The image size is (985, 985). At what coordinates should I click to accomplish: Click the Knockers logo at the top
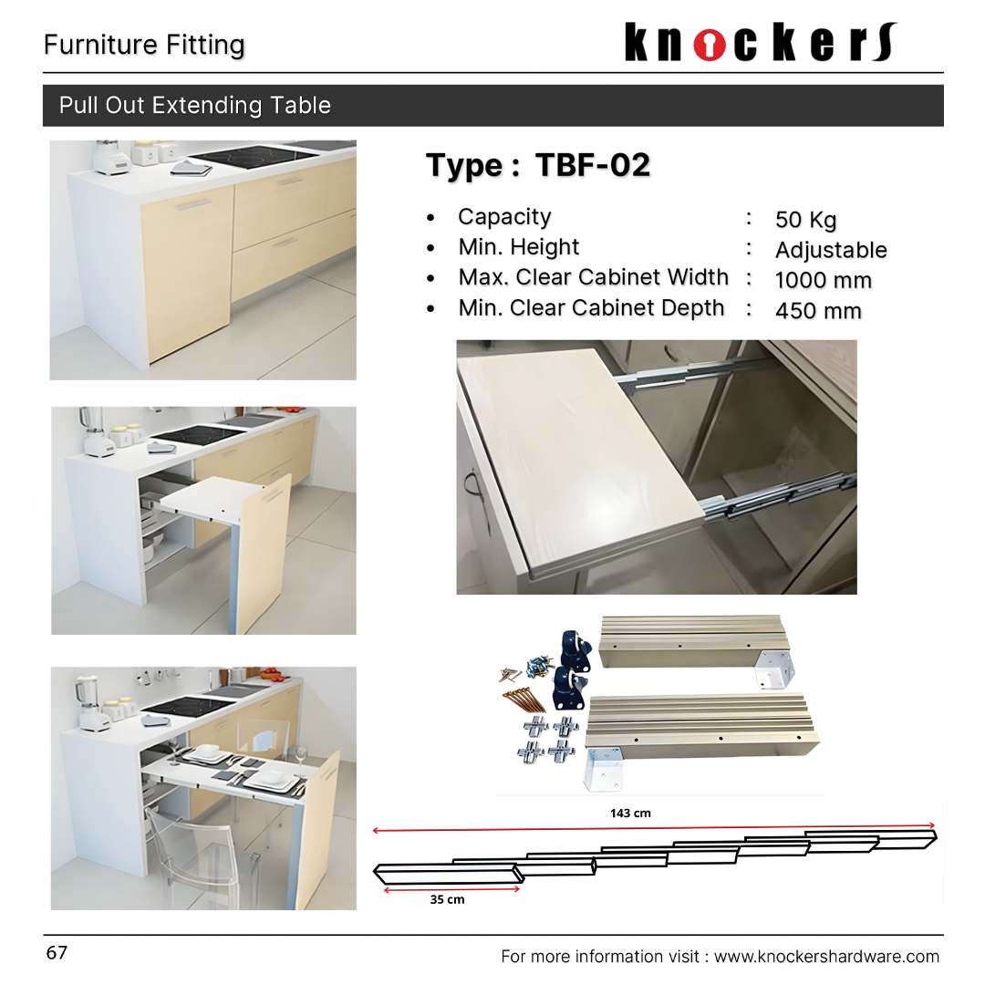coord(761,43)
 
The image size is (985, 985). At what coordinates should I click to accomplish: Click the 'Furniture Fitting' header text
coord(144,45)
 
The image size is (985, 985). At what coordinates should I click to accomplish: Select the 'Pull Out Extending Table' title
coord(194,105)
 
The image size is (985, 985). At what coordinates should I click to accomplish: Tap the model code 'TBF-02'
coord(593,165)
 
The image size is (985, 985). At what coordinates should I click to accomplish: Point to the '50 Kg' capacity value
coord(805,220)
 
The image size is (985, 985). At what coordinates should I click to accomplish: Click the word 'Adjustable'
coord(830,250)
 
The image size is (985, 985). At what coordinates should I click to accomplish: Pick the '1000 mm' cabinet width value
coord(823,280)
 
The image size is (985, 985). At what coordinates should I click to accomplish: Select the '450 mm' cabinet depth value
coord(817,311)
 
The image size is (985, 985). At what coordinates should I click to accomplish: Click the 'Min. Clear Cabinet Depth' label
coord(591,308)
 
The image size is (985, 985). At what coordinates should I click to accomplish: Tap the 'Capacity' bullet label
coord(504,217)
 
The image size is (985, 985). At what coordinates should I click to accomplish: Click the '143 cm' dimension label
coord(630,813)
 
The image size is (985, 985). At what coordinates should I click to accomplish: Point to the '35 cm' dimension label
coord(447,899)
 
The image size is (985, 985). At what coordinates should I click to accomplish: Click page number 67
coord(57,953)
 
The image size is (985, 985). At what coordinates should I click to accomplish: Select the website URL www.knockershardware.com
coord(825,957)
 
